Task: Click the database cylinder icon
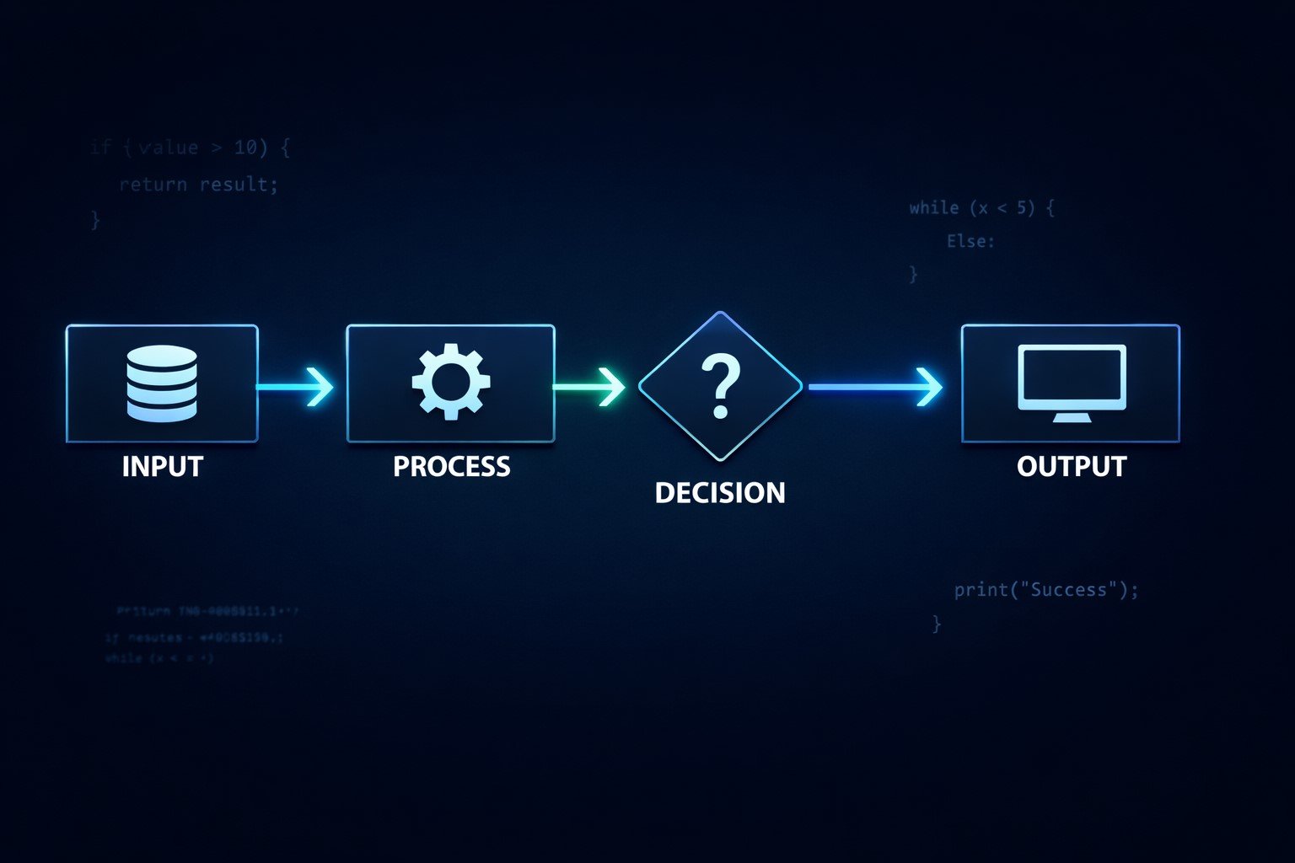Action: pyautogui.click(x=162, y=383)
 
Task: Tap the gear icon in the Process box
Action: pyautogui.click(x=451, y=382)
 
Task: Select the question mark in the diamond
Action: pyautogui.click(x=721, y=386)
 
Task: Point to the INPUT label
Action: pyautogui.click(x=162, y=466)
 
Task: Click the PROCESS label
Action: pyautogui.click(x=451, y=466)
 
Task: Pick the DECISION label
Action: pyautogui.click(x=720, y=492)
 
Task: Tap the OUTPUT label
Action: pyautogui.click(x=1072, y=466)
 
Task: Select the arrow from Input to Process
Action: pyautogui.click(x=295, y=387)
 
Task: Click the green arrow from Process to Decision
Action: pyautogui.click(x=589, y=387)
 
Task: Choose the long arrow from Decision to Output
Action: pyautogui.click(x=875, y=387)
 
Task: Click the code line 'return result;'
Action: pyautogui.click(x=198, y=184)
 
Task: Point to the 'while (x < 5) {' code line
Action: pyautogui.click(x=981, y=207)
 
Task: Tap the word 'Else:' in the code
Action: pyautogui.click(x=970, y=241)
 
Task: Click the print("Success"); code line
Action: pyautogui.click(x=1045, y=590)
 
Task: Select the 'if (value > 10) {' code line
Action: pyautogui.click(x=190, y=147)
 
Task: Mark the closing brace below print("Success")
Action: pyautogui.click(x=936, y=624)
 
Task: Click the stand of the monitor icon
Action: pyautogui.click(x=1072, y=416)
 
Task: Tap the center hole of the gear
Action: pyautogui.click(x=451, y=382)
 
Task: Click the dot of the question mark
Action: pyautogui.click(x=720, y=412)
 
